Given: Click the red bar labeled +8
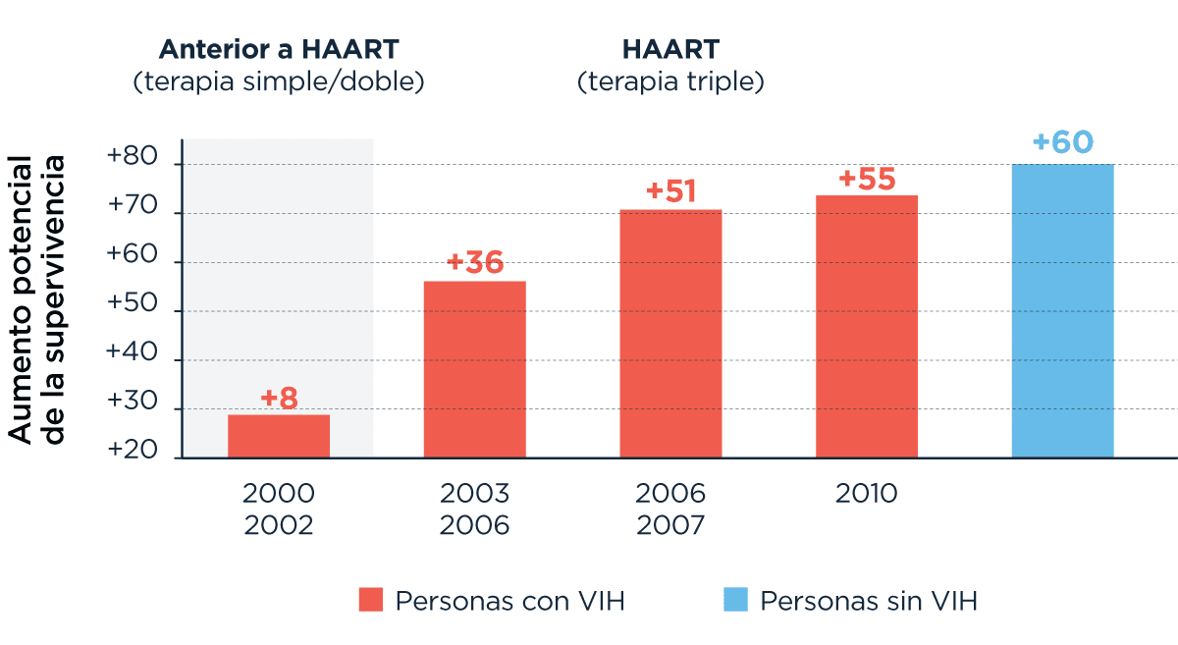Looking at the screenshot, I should coord(279,436).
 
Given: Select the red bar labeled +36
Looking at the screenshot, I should coord(474,369).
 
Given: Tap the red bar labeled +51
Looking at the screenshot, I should coord(670,334).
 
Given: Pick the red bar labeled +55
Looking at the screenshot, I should coord(867,326).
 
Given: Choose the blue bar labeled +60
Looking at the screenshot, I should coord(1062,310).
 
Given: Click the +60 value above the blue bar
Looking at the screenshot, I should coord(1062,142).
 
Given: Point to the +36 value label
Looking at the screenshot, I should coord(474,263).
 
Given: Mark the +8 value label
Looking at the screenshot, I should coord(279,399).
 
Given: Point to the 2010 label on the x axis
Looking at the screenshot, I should coord(867,493).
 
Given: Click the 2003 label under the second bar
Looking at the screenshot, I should coord(474,493).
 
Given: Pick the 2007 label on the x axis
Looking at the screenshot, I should coord(670,525).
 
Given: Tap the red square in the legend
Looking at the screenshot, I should coord(370,600).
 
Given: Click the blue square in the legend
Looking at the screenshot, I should coord(735,600).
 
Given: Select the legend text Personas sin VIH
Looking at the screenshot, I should coord(869,601).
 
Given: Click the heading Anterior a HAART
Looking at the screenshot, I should coord(279,49).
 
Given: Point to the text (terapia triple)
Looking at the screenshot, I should coord(670,81).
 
